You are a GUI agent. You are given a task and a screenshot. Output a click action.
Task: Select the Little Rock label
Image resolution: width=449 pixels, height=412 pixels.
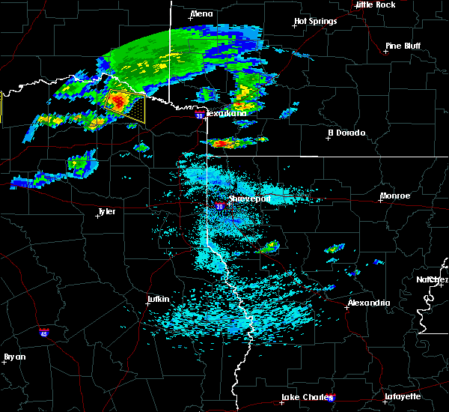(376, 4)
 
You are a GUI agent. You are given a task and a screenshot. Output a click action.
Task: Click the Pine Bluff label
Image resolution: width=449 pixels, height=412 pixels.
(403, 46)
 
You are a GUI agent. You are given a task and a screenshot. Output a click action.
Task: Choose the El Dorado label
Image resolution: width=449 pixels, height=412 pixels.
(346, 133)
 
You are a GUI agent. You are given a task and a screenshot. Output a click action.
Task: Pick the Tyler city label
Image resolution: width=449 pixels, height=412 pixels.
(106, 211)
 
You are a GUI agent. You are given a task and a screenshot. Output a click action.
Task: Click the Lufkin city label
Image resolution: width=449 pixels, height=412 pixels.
(158, 300)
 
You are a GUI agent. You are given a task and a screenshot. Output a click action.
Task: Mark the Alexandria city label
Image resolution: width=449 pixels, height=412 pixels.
(368, 303)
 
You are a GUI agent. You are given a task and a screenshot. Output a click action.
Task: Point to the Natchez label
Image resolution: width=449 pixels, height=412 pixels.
(433, 279)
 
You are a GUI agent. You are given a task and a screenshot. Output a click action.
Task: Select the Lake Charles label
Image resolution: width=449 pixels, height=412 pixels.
(302, 397)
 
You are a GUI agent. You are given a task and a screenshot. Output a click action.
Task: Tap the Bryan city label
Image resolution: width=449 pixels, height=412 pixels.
(14, 357)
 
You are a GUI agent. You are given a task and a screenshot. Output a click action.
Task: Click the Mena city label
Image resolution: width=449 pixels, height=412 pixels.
(201, 13)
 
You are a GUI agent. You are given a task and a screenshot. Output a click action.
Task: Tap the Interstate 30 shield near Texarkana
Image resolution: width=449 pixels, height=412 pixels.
(198, 115)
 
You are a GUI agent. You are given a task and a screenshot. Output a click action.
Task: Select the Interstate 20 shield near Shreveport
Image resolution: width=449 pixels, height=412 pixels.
(219, 206)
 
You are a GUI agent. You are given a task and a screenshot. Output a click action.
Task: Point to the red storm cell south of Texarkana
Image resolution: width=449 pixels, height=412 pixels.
(220, 142)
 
